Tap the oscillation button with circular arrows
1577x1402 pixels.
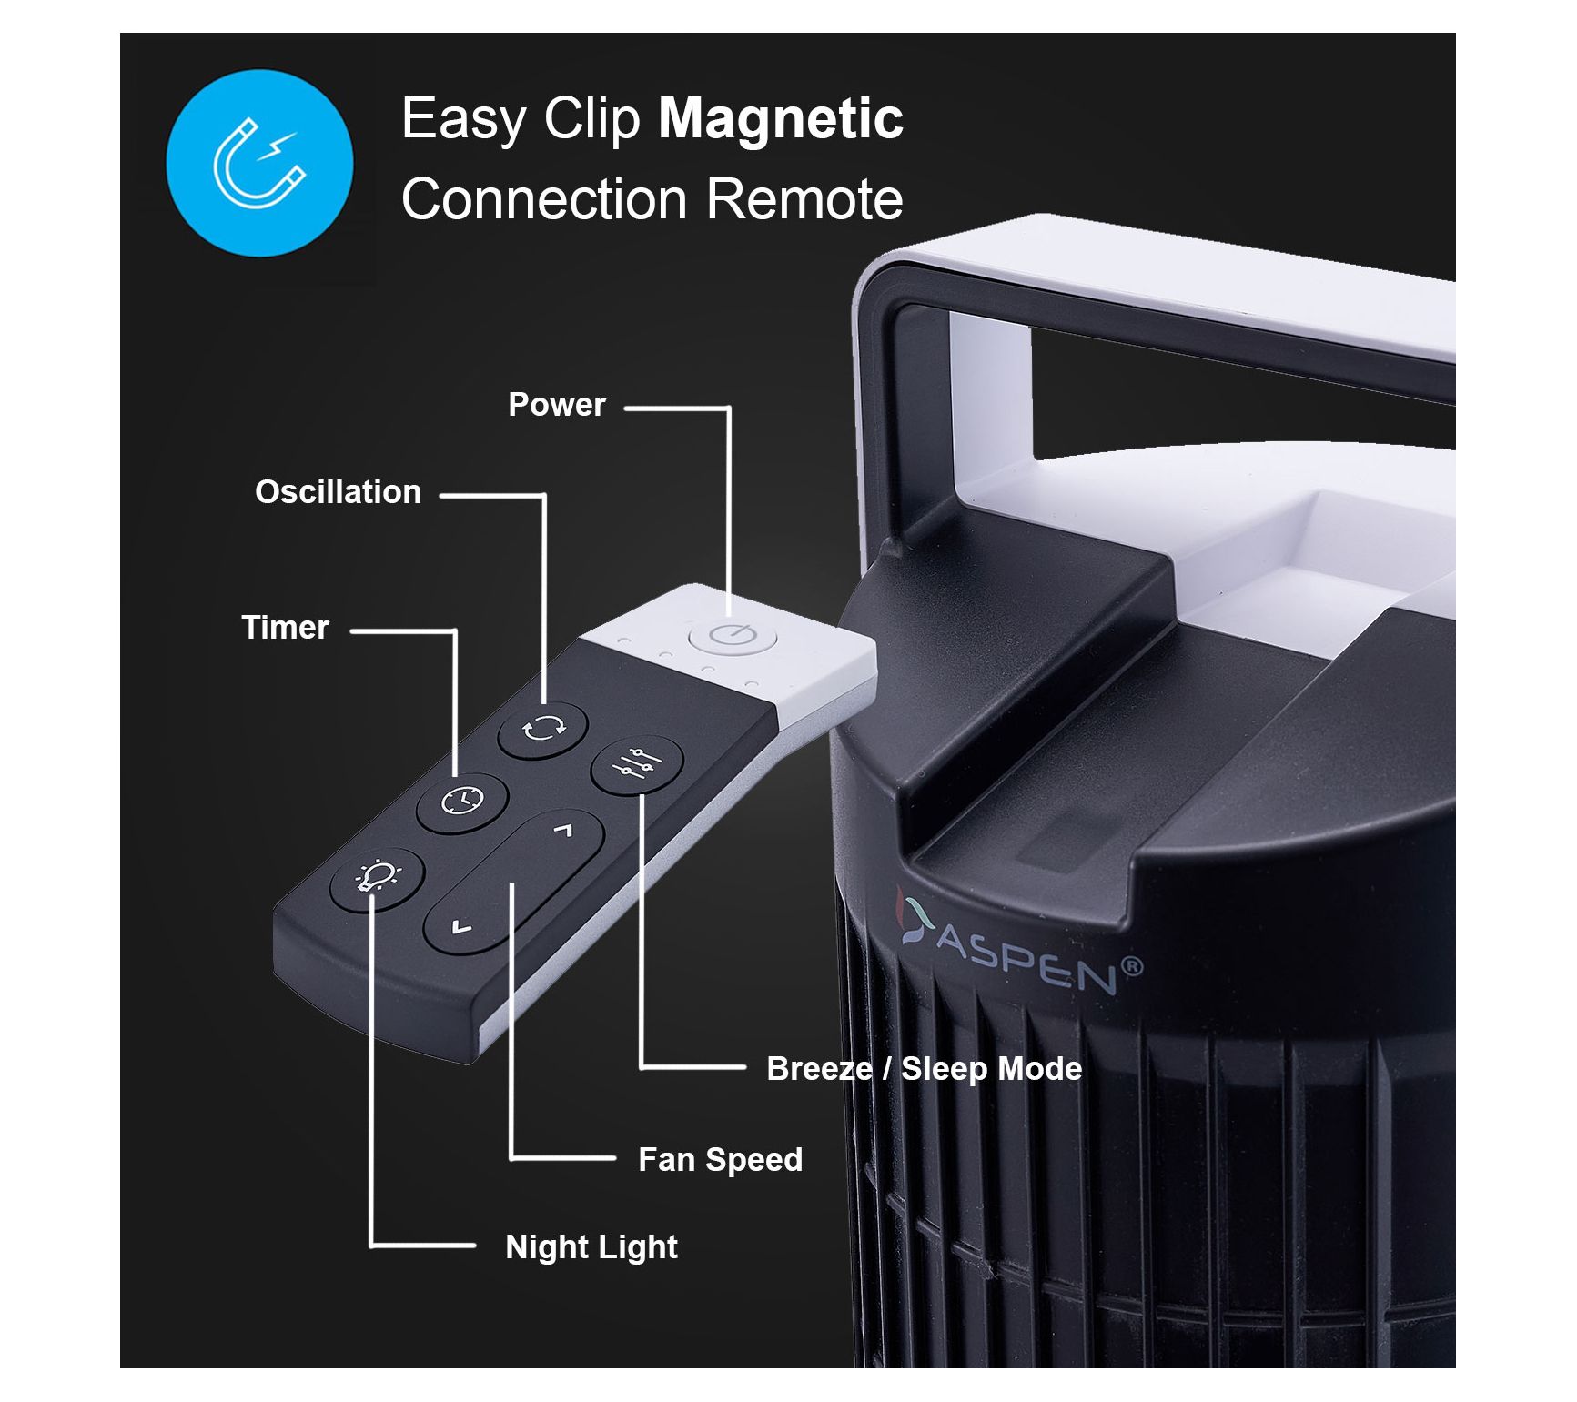pyautogui.click(x=543, y=729)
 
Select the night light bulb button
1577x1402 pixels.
pyautogui.click(x=377, y=878)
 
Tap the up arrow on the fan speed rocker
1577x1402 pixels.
pyautogui.click(x=563, y=830)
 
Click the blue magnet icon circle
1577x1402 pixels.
pyautogui.click(x=259, y=163)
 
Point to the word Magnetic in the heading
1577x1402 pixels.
pyautogui.click(x=780, y=119)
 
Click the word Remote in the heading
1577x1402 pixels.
pyautogui.click(x=804, y=198)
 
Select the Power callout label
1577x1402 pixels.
pyautogui.click(x=556, y=405)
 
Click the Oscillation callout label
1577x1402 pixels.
pyautogui.click(x=338, y=492)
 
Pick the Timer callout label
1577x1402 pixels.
pyautogui.click(x=285, y=628)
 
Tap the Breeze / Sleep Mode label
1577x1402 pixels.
pyautogui.click(x=924, y=1068)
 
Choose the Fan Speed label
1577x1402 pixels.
pyautogui.click(x=720, y=1160)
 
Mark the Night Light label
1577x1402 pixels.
pyautogui.click(x=591, y=1247)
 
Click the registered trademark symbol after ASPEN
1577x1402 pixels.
pyautogui.click(x=1132, y=966)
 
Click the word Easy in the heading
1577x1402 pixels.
pyautogui.click(x=464, y=119)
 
